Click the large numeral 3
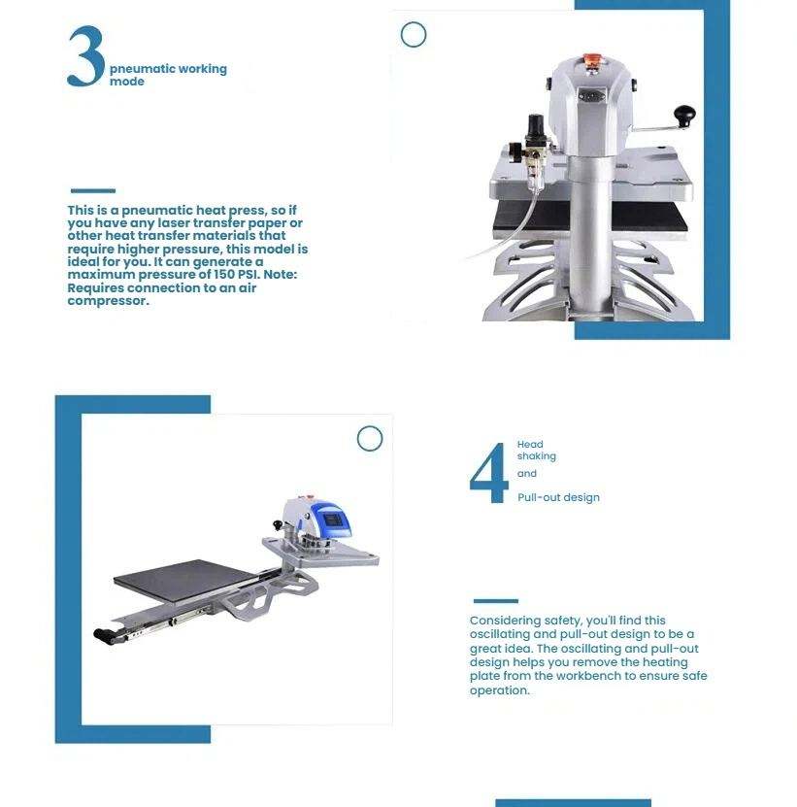pyautogui.click(x=86, y=56)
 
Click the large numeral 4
pyautogui.click(x=489, y=473)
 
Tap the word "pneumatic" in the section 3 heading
pyautogui.click(x=136, y=70)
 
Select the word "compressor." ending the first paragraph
pyautogui.click(x=108, y=301)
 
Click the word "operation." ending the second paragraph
pyautogui.click(x=499, y=690)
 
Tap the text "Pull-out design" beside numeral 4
pyautogui.click(x=558, y=497)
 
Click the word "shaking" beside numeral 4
pyautogui.click(x=536, y=456)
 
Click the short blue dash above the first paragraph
pyautogui.click(x=92, y=191)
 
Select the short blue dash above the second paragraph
pyautogui.click(x=495, y=600)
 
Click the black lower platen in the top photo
pyautogui.click(x=590, y=217)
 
